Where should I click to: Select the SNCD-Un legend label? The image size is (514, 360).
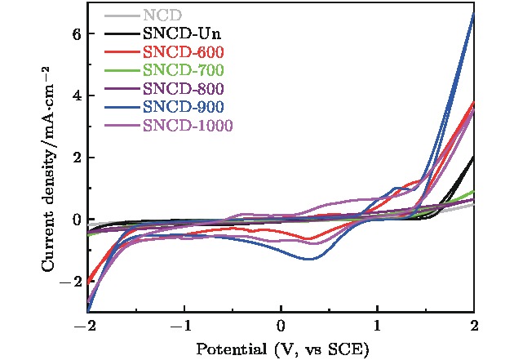tap(181, 34)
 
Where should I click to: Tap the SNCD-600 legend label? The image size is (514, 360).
tap(184, 52)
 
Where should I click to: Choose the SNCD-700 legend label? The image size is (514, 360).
tap(184, 70)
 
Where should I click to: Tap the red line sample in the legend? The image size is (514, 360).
tap(121, 53)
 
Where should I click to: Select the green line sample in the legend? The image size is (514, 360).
tap(121, 71)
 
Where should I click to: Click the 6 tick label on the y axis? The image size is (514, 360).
tap(76, 35)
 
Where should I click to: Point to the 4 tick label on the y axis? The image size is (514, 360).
tap(76, 96)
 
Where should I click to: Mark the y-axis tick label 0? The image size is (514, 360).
tap(76, 219)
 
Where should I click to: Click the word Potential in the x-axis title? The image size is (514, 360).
tap(225, 349)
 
